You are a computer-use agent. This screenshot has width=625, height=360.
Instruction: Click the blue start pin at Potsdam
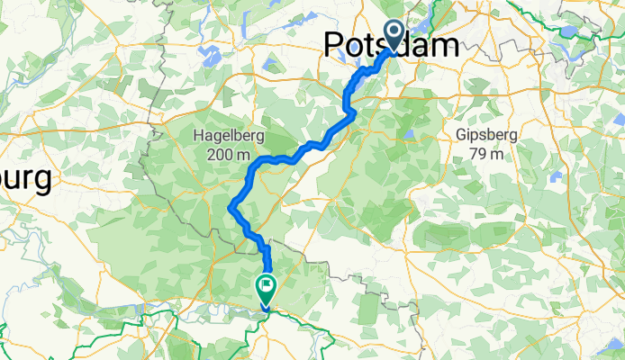point(394,34)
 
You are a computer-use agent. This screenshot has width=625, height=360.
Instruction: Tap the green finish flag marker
point(267,287)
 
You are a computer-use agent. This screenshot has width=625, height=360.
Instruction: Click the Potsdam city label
point(390,45)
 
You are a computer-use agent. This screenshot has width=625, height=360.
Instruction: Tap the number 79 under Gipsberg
point(477,154)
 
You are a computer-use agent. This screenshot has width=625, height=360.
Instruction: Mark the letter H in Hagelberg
point(199,136)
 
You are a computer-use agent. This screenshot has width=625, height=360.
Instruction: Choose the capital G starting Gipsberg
point(461,135)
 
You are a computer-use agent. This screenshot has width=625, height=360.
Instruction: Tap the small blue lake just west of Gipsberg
point(410,135)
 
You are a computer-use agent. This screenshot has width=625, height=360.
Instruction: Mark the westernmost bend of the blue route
point(231,206)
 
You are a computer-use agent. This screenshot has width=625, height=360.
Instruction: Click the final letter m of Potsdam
point(443,45)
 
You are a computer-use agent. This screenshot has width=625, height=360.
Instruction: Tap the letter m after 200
point(244,155)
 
